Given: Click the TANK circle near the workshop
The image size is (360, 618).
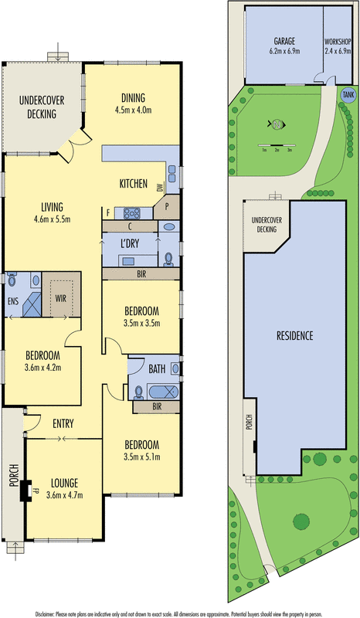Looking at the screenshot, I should tap(348, 93).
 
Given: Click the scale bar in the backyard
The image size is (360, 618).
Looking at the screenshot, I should tap(277, 146).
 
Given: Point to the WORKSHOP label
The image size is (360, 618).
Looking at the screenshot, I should tap(338, 40).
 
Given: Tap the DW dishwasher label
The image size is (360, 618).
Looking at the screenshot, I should tap(158, 188).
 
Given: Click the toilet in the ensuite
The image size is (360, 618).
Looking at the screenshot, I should tap(12, 282).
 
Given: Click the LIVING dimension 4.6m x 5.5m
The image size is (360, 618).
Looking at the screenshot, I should tap(53, 219).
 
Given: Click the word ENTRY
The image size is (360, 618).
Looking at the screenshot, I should tap(63, 423).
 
